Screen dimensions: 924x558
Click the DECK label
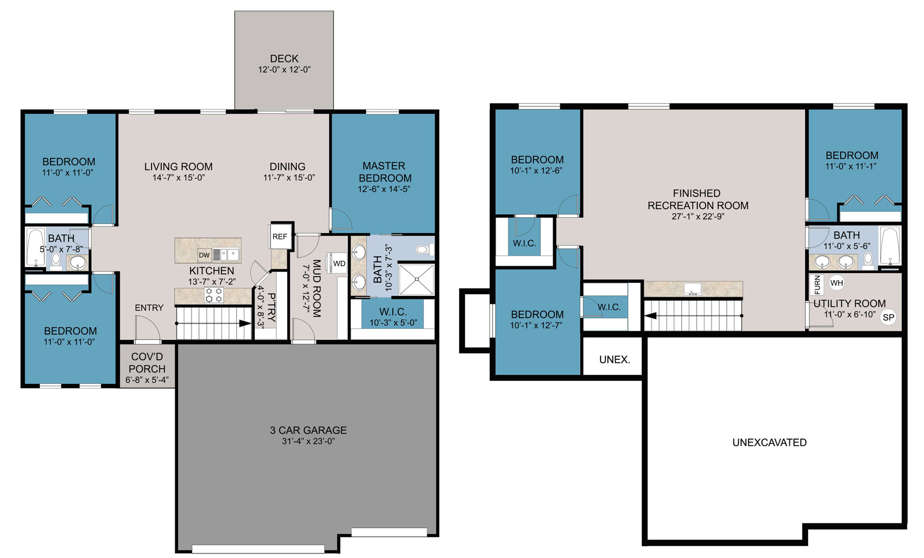(284, 58)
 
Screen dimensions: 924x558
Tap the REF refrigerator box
(280, 236)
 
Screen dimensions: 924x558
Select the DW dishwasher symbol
(204, 255)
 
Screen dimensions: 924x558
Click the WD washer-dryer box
(339, 263)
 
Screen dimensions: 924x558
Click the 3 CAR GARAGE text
(308, 430)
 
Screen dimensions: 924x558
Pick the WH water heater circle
(837, 283)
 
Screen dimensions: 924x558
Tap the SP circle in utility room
(888, 317)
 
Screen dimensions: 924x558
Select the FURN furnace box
(817, 285)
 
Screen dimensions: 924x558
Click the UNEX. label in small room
(615, 360)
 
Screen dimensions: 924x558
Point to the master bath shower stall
(417, 279)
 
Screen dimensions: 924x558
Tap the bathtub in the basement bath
(889, 246)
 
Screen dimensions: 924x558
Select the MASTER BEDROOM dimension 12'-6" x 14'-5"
(384, 189)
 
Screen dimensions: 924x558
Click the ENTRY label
(149, 308)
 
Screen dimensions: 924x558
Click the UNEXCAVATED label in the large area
(770, 442)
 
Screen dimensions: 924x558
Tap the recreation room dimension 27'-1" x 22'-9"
(698, 217)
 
